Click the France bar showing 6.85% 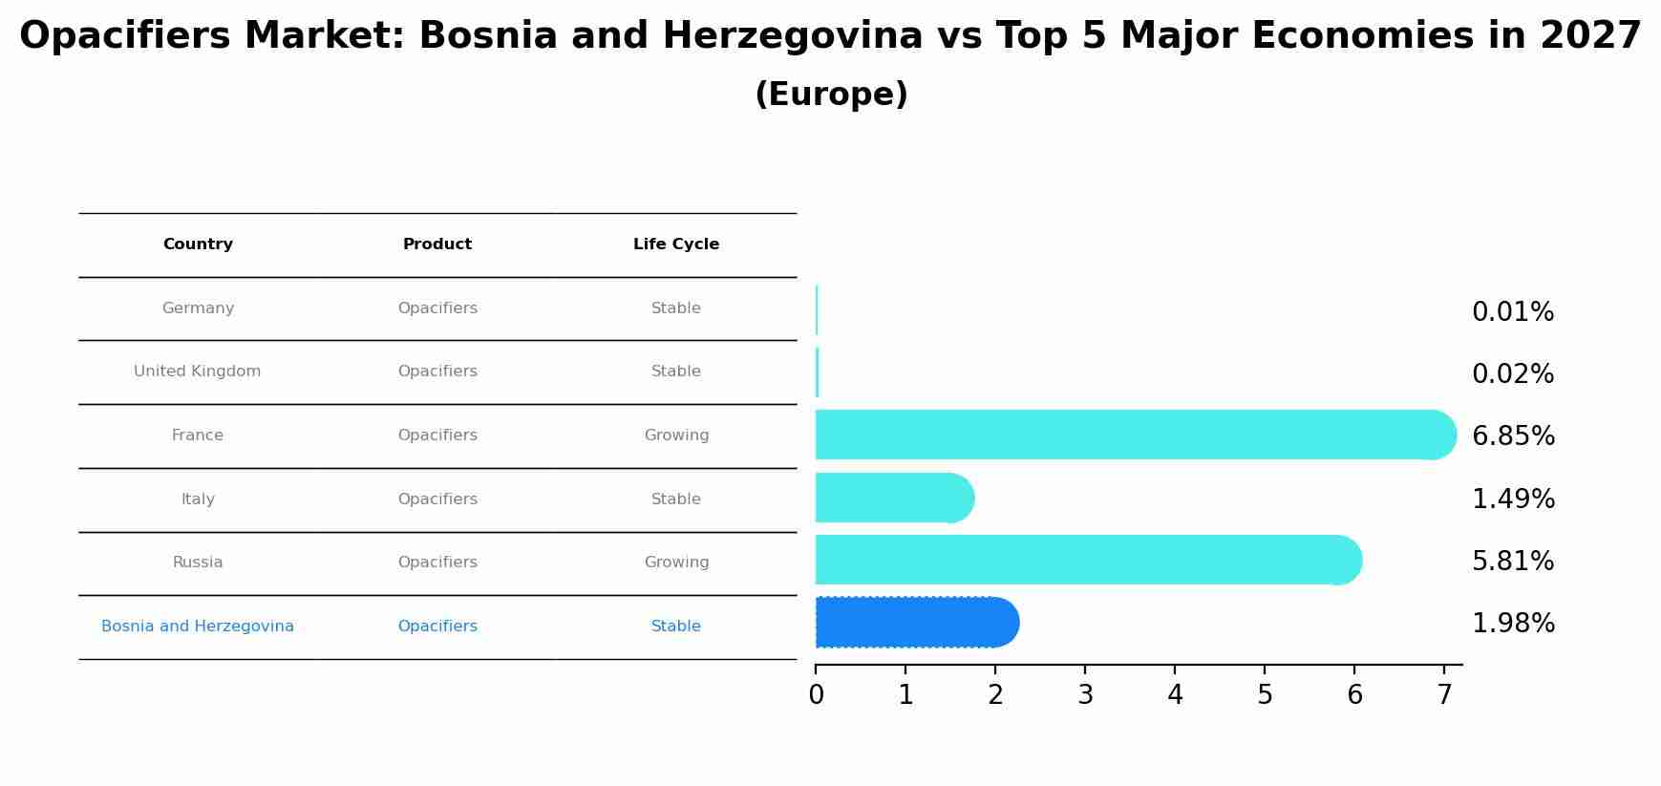[x=1135, y=435]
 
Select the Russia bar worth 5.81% [x=1087, y=560]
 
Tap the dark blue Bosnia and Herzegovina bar [x=916, y=623]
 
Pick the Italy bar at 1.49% [x=894, y=498]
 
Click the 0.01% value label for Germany [x=1512, y=312]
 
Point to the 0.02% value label [x=1512, y=374]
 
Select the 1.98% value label [x=1513, y=624]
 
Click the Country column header [x=198, y=244]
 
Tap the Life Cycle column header [x=676, y=244]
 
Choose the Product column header [x=437, y=244]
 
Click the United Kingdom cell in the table [x=198, y=372]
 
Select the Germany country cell [x=198, y=308]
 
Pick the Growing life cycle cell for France [x=676, y=435]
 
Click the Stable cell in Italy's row [x=676, y=499]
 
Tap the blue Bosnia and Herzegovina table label [x=198, y=627]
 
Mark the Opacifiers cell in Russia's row [x=437, y=563]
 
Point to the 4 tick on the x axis [x=1175, y=695]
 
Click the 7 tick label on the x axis [x=1444, y=695]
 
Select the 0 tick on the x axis [x=816, y=695]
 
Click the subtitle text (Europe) [x=831, y=95]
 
